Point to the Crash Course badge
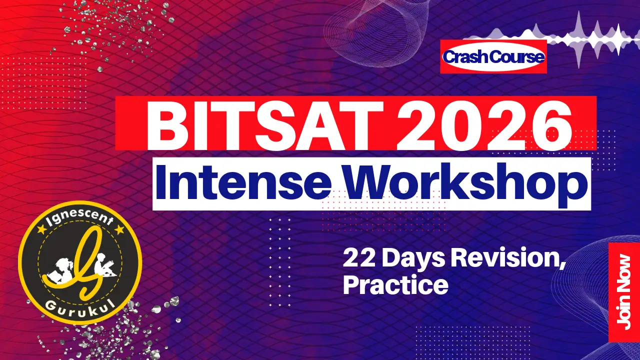click(x=493, y=57)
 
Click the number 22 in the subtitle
click(x=356, y=259)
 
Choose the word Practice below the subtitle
click(x=395, y=285)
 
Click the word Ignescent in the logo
click(x=80, y=215)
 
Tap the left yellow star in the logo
click(x=41, y=230)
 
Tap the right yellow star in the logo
click(x=119, y=229)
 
